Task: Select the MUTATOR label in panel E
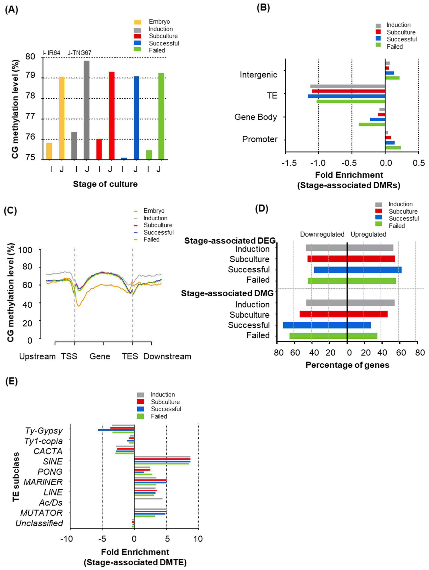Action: pos(42,513)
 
